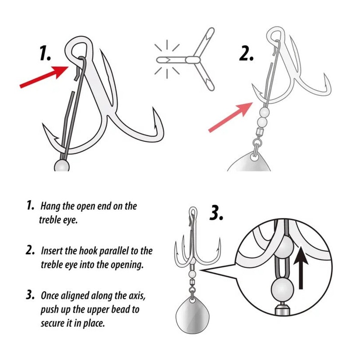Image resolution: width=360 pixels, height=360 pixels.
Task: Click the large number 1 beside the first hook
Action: [x=45, y=53]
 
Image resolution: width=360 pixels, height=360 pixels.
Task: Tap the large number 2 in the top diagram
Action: [x=246, y=53]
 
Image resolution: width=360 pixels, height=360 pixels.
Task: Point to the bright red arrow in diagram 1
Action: [x=44, y=76]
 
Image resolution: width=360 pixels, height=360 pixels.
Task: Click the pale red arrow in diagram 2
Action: [x=230, y=117]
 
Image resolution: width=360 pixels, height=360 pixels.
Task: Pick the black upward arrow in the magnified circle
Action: [x=301, y=267]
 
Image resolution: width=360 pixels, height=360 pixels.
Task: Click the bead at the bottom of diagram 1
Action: [x=62, y=166]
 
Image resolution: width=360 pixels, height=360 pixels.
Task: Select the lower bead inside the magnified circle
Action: [x=283, y=289]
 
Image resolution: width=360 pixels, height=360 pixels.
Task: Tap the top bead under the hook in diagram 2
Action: [x=264, y=112]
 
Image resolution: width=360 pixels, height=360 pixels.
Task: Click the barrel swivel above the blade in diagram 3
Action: [x=192, y=282]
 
